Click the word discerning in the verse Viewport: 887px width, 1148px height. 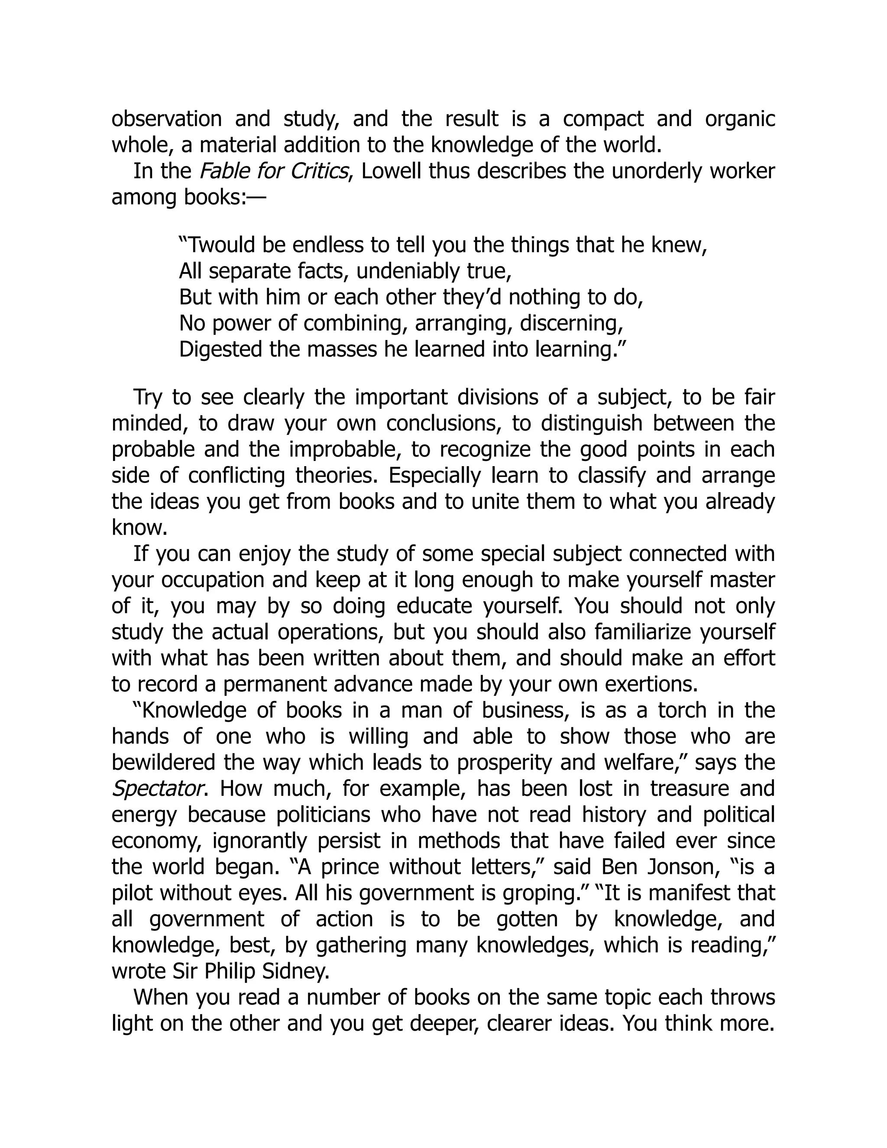571,323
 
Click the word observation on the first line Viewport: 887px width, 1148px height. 167,119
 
